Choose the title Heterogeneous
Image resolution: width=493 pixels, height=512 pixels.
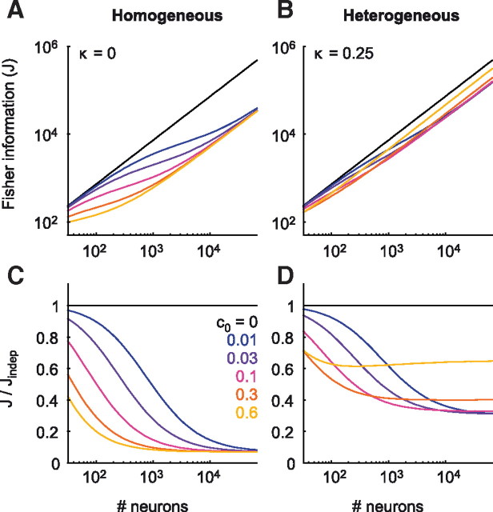(x=401, y=16)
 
